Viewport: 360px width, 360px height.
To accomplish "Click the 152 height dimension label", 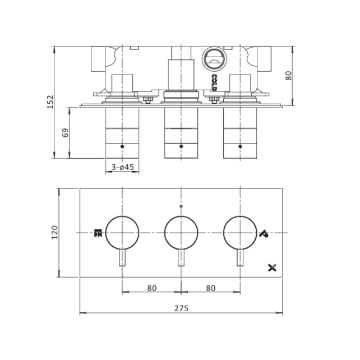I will pos(50,102).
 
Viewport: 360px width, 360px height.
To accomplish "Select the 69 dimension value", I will pos(66,133).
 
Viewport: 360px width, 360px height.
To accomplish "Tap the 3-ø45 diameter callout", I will pos(122,167).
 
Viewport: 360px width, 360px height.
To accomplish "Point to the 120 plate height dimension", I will pos(54,232).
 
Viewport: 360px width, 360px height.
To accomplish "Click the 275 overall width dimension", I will pos(181,308).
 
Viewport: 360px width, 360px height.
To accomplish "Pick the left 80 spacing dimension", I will pos(151,288).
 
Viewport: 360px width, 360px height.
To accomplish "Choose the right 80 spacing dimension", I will pos(211,288).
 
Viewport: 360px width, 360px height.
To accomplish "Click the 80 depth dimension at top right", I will pos(289,75).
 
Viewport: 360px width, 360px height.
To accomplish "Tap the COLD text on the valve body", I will pos(214,82).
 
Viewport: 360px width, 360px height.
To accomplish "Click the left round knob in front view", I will pos(122,232).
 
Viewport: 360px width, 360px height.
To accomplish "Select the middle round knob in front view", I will pos(181,232).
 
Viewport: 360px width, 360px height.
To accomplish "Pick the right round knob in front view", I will pos(241,232).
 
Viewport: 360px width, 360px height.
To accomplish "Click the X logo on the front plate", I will pos(273,267).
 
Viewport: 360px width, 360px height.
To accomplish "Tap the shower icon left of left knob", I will pos(98,232).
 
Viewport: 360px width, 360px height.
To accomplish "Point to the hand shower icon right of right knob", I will pos(265,232).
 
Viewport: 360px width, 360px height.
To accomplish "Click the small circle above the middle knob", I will pos(181,207).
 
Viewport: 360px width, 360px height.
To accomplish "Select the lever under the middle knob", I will pos(181,258).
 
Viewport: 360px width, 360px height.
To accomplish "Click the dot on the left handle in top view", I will pos(122,146).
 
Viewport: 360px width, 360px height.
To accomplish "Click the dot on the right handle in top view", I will pos(241,146).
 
